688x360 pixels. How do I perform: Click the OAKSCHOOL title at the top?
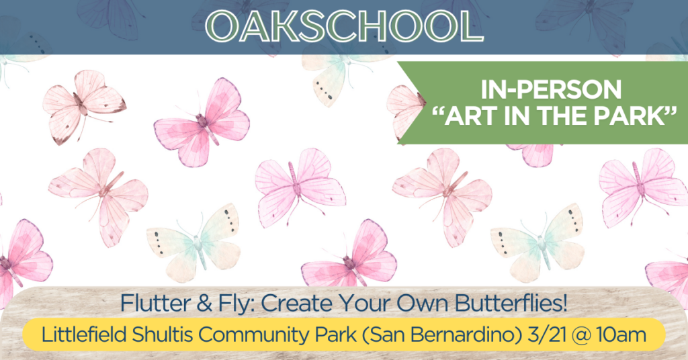pos(344,26)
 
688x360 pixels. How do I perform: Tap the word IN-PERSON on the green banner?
pos(551,89)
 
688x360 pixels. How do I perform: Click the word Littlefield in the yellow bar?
pos(84,335)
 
